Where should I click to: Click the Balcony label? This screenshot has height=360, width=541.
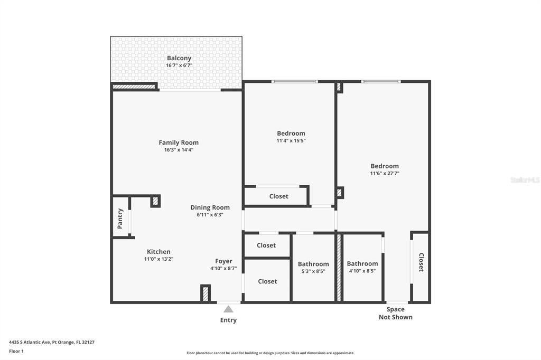click(179, 58)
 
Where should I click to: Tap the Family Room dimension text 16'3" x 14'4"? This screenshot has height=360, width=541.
click(179, 150)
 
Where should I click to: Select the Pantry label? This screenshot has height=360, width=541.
click(120, 219)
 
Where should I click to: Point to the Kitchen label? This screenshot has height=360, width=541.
click(158, 252)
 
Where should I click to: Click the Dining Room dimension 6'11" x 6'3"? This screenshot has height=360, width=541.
click(210, 215)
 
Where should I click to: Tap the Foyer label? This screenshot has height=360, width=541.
click(223, 261)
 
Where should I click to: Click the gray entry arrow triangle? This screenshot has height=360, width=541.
click(228, 309)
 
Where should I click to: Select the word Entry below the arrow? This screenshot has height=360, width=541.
click(228, 320)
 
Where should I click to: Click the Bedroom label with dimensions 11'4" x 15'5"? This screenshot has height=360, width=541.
click(291, 134)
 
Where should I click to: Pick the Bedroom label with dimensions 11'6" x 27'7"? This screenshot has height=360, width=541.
click(385, 166)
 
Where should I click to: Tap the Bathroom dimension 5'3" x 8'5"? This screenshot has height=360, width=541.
click(313, 271)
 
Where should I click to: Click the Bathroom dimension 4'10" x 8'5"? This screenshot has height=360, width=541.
click(362, 271)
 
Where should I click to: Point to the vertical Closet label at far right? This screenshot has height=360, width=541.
click(421, 262)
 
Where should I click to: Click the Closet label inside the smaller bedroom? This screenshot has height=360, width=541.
click(279, 196)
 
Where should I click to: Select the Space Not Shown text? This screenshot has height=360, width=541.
click(396, 314)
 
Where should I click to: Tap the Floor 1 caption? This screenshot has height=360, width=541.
click(16, 352)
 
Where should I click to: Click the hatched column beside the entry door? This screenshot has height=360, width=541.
click(206, 294)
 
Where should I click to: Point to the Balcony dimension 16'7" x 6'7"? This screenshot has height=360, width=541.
click(179, 65)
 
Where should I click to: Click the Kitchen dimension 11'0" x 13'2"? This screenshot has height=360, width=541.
click(158, 259)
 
